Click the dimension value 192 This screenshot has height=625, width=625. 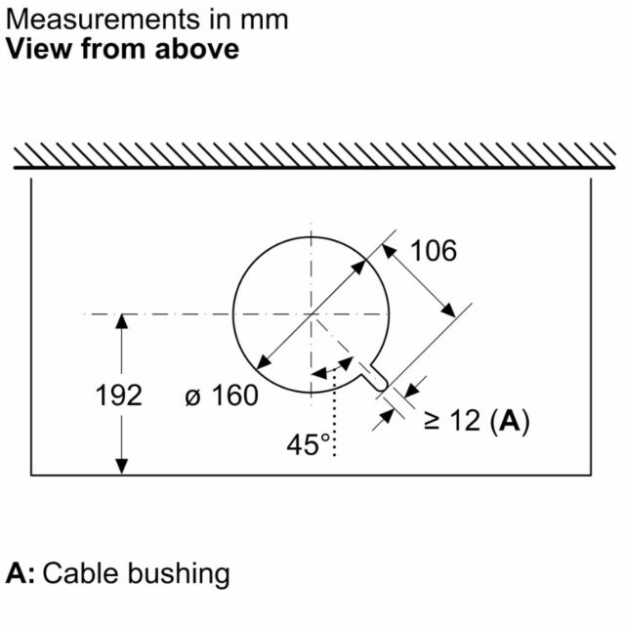[x=119, y=396]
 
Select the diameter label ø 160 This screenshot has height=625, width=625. [x=222, y=396]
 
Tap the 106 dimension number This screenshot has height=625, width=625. [x=434, y=251]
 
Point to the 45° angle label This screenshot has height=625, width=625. [x=309, y=444]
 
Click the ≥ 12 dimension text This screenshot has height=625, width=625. [x=451, y=420]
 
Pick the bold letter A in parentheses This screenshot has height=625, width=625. [x=510, y=420]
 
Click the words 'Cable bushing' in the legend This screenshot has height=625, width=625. [x=136, y=574]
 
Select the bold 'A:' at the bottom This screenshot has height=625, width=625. [x=21, y=573]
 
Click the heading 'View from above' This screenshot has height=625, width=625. [x=123, y=49]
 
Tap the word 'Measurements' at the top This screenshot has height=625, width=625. [x=103, y=20]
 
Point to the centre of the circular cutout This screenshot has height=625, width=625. [x=311, y=314]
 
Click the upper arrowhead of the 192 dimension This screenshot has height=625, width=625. [x=121, y=321]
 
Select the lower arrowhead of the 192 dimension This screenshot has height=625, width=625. [x=121, y=467]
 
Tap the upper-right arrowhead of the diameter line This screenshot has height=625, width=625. [x=359, y=267]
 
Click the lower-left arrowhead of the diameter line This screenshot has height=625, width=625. [x=263, y=362]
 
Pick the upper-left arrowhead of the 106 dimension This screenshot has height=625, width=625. [x=389, y=251]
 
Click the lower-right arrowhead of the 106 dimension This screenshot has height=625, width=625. [x=448, y=311]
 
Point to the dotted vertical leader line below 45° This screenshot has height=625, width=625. [x=334, y=412]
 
